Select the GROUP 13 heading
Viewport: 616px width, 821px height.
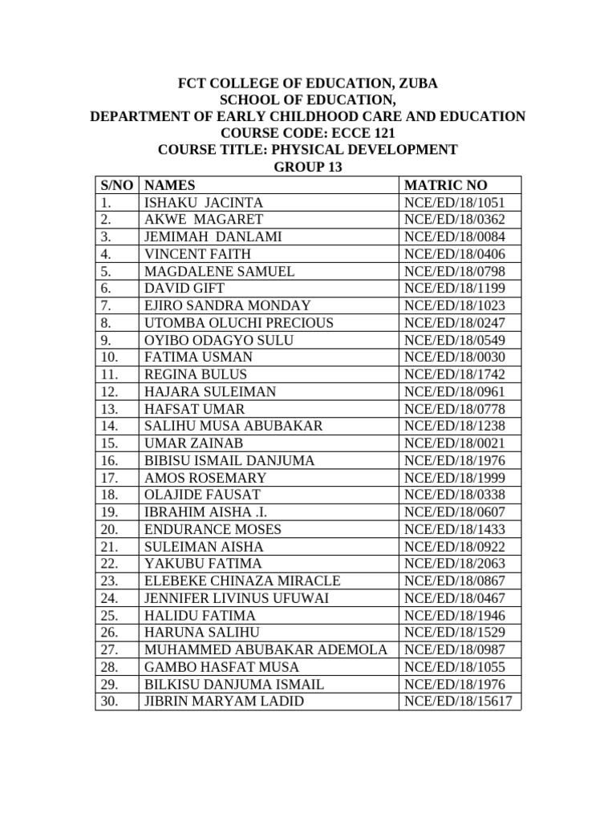pyautogui.click(x=308, y=167)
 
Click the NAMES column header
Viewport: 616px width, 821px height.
pyautogui.click(x=169, y=185)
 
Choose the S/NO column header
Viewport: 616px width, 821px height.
pyautogui.click(x=117, y=185)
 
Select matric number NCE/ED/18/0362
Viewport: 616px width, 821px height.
pyautogui.click(x=456, y=220)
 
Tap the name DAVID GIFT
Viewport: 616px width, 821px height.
pyautogui.click(x=184, y=289)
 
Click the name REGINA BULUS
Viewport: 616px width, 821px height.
pyautogui.click(x=195, y=374)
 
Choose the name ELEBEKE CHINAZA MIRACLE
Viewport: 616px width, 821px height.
pyautogui.click(x=242, y=581)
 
